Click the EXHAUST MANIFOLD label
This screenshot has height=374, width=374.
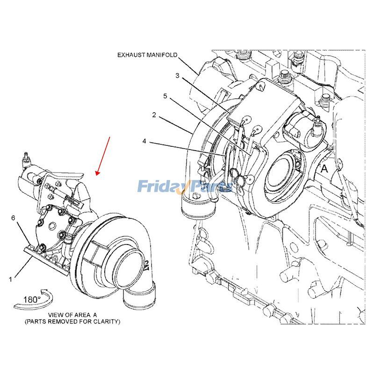tap(147, 55)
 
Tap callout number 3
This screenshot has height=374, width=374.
tap(177, 75)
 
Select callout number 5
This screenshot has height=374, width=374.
tap(165, 96)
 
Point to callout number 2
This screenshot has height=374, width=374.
tap(154, 115)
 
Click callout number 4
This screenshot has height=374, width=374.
tap(144, 141)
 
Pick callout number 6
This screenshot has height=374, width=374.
tap(13, 218)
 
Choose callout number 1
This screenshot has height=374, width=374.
tap(10, 279)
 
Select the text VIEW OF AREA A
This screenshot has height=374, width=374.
tap(72, 315)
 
